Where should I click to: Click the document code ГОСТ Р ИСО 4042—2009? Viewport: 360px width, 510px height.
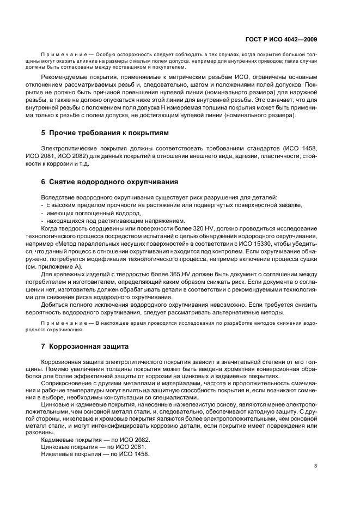[x=282, y=39]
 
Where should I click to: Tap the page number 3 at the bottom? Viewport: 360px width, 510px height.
[x=315, y=466]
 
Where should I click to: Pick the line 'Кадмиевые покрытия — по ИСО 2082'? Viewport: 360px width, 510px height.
[x=95, y=439]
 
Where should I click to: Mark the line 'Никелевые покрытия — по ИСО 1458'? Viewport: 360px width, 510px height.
[x=95, y=454]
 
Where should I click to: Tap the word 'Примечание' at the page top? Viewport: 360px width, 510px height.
[x=63, y=56]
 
